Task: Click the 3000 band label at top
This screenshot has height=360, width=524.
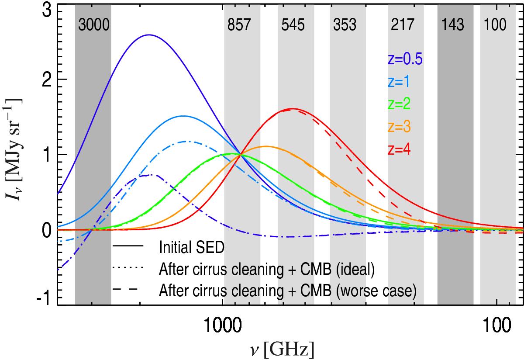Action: (x=93, y=25)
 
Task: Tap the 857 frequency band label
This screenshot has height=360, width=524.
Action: (x=240, y=25)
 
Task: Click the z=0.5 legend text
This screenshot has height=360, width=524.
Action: (x=405, y=60)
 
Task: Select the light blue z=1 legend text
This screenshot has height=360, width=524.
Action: (x=399, y=82)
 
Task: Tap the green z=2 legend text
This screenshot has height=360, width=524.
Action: (x=399, y=104)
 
